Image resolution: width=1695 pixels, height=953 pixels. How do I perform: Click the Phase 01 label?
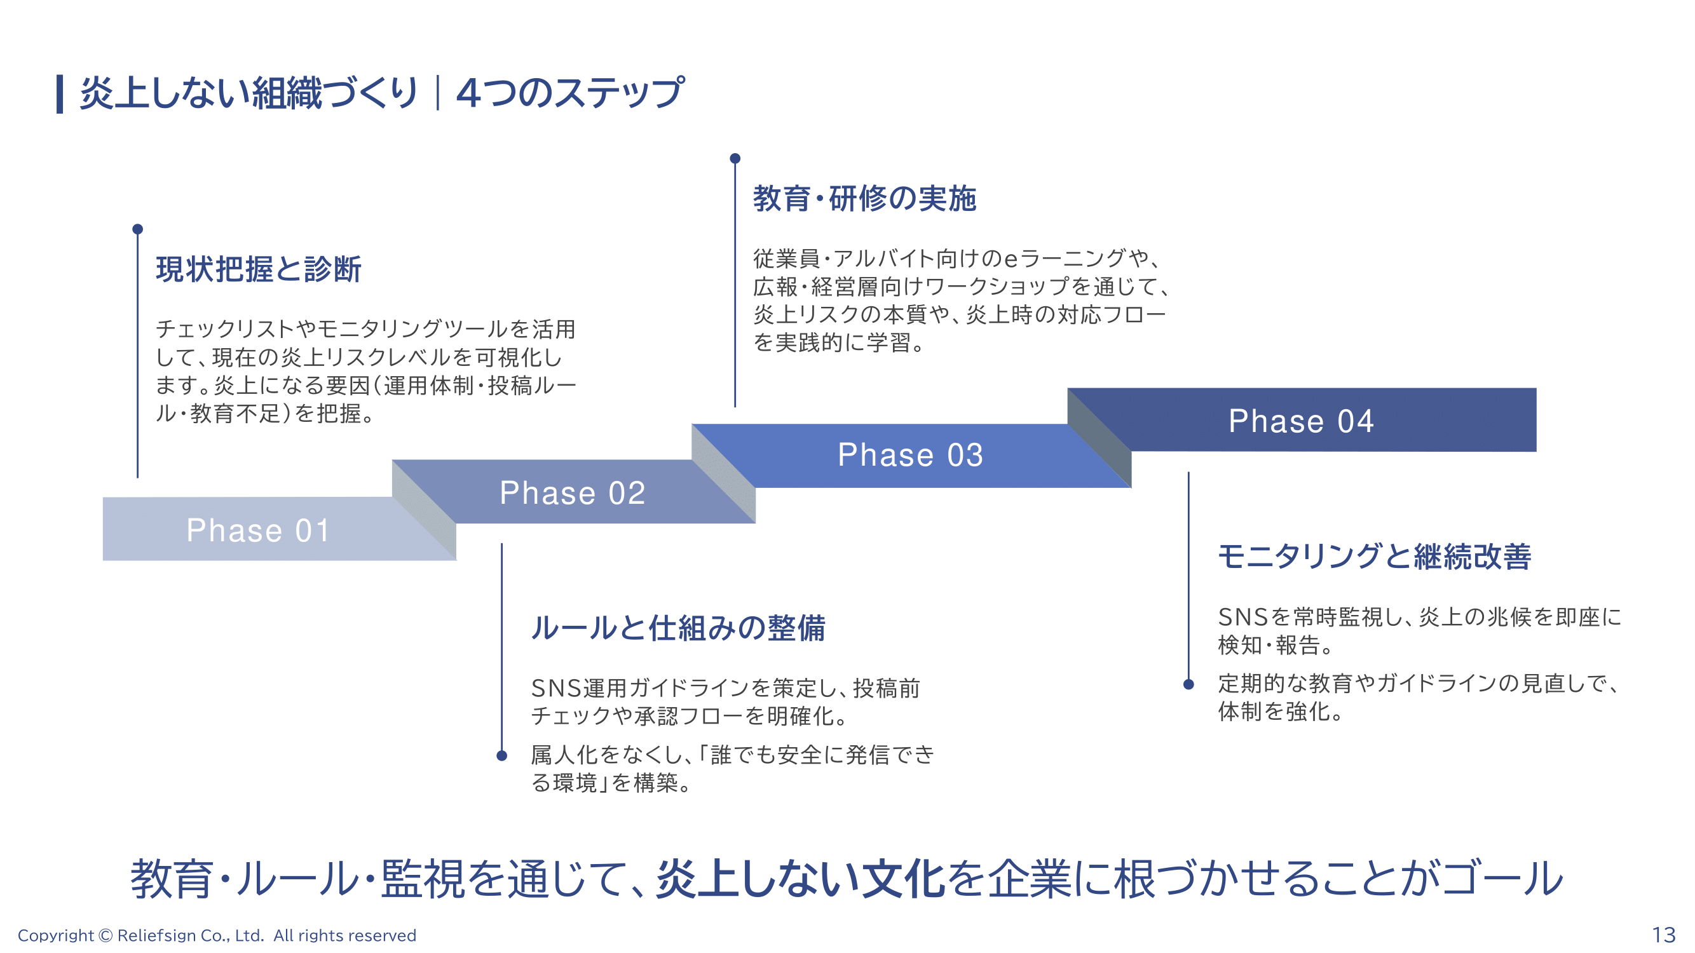pos(258,531)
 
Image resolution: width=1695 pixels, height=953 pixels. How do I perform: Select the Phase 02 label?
pos(572,493)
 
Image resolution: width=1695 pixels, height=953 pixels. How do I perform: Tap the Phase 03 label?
pos(910,455)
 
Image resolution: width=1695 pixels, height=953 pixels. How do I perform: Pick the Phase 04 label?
pos(1301,421)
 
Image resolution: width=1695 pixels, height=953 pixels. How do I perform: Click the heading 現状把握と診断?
pos(259,269)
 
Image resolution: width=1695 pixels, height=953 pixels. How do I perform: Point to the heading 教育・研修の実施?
pos(864,199)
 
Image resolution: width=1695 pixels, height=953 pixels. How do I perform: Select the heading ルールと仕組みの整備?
pos(677,628)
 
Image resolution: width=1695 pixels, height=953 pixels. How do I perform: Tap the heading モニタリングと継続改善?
pos(1374,557)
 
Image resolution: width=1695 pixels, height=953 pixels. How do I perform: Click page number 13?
pos(1663,935)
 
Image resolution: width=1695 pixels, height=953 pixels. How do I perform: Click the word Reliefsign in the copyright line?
pos(156,935)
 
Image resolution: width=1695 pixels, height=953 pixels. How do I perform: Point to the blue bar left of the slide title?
pos(60,93)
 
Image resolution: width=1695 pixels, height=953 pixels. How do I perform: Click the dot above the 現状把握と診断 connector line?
pos(137,229)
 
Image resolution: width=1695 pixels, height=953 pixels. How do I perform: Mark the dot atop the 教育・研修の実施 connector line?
pos(735,158)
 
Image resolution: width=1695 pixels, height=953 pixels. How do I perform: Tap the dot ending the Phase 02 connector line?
pos(501,755)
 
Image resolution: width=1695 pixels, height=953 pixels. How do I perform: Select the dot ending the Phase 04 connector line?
pos(1188,685)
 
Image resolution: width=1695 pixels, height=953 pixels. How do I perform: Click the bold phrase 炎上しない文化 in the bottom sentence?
pos(800,879)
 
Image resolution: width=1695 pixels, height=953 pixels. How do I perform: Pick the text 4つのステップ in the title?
pos(570,93)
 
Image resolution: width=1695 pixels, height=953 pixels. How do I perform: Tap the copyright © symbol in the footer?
pos(106,935)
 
